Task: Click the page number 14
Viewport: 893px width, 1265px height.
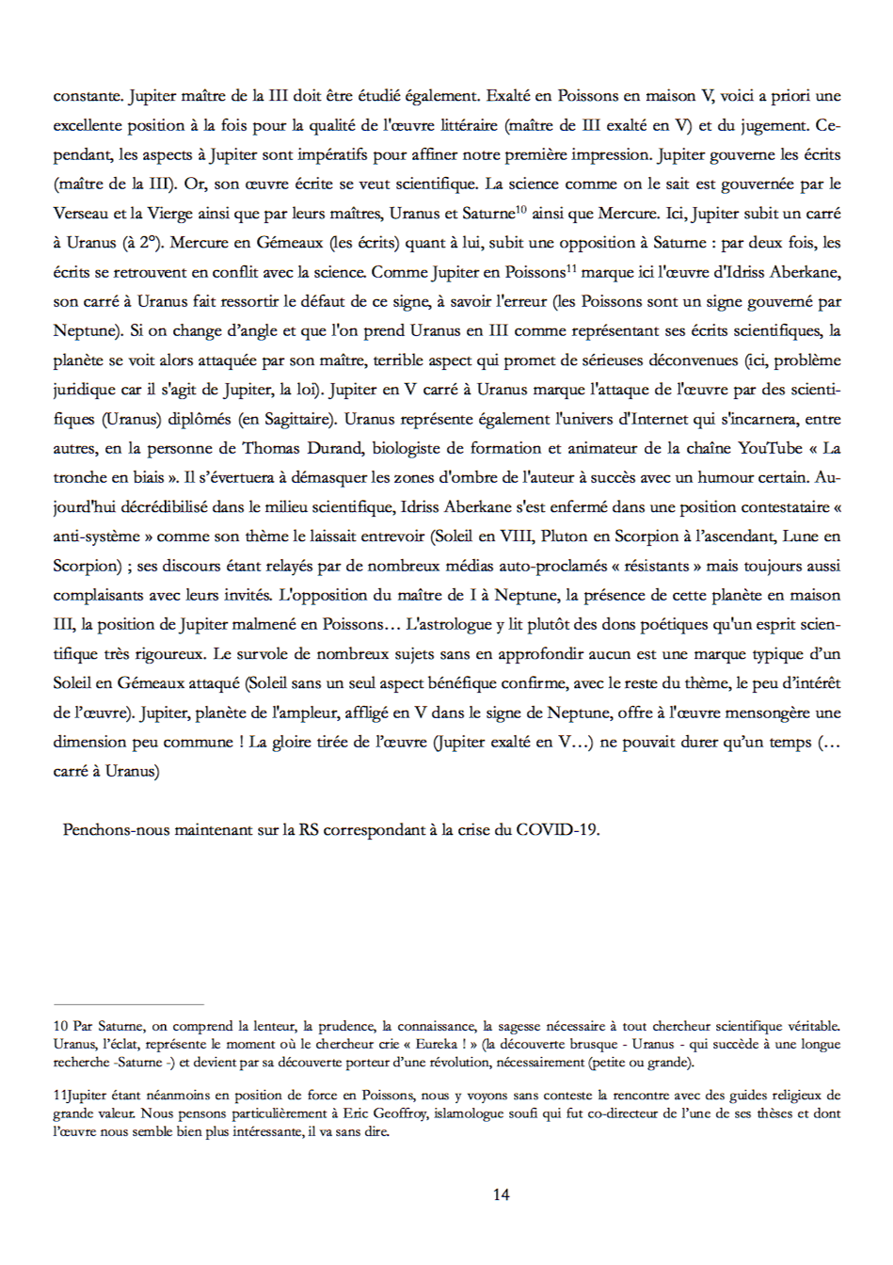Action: tap(501, 1194)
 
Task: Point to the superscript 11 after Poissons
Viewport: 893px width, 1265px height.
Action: tap(571, 268)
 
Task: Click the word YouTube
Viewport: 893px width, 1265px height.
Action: tap(770, 448)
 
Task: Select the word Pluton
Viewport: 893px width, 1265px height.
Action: tap(565, 536)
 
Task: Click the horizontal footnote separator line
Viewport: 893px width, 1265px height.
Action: tap(129, 1004)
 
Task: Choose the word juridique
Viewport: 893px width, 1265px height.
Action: tap(85, 390)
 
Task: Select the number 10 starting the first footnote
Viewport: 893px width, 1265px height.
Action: tap(60, 1026)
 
